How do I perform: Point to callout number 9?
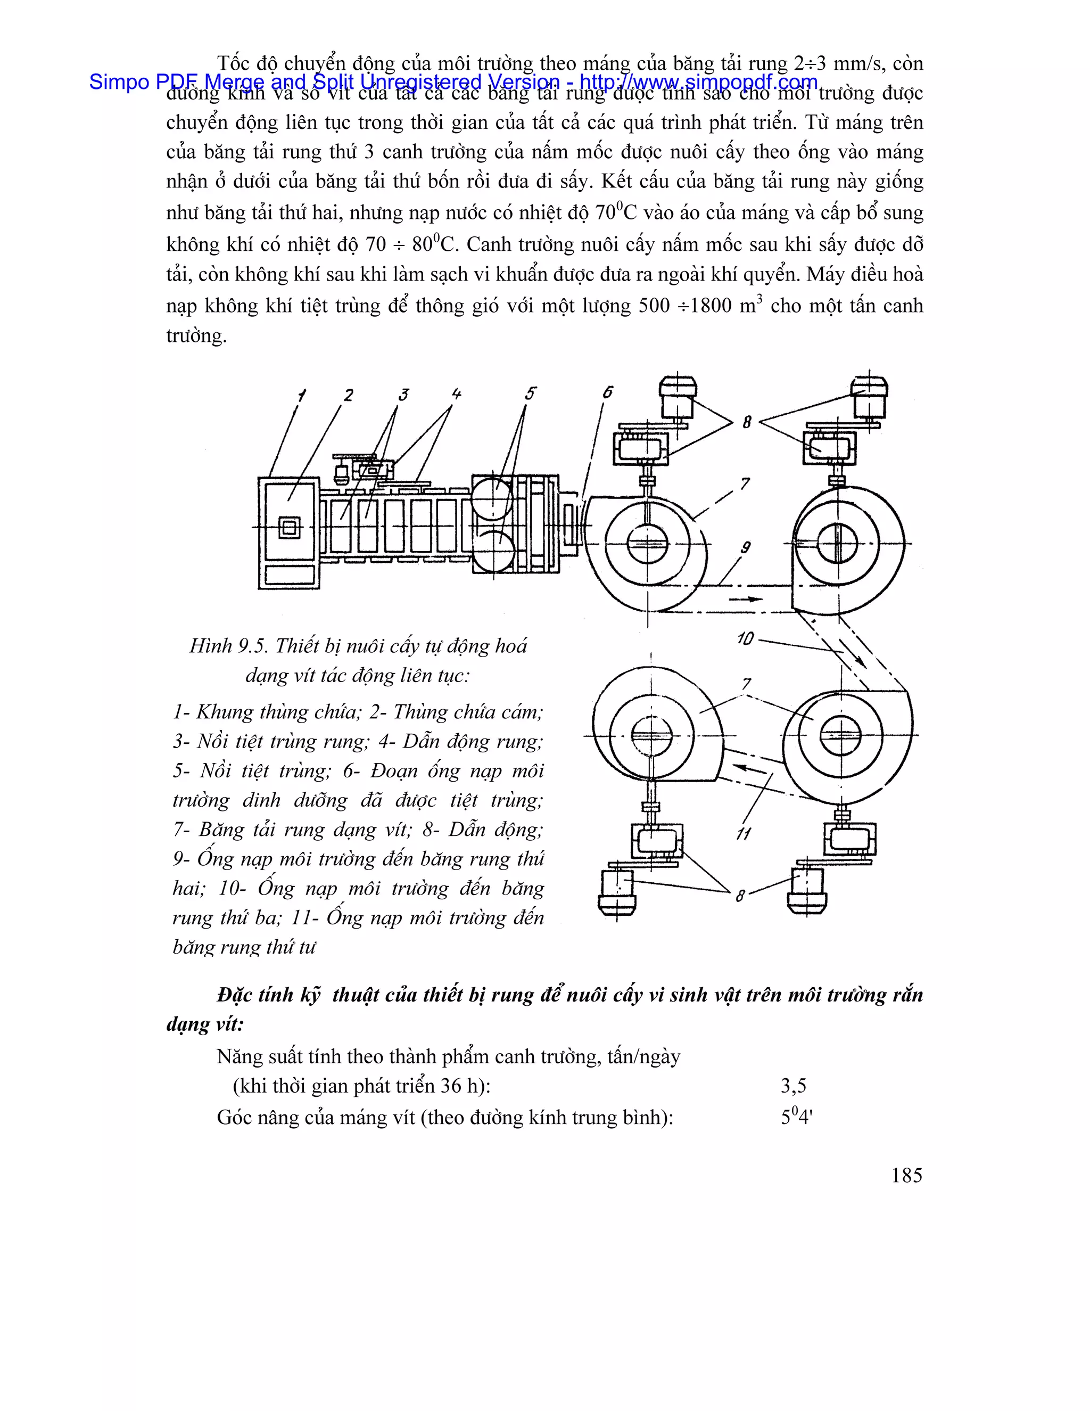745,548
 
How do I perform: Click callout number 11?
743,834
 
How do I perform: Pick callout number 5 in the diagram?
530,393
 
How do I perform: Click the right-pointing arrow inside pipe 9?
745,599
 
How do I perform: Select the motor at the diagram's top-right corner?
869,398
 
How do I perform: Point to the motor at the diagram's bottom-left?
617,892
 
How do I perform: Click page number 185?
906,1175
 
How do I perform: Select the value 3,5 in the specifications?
794,1086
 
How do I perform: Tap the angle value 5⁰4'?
796,1117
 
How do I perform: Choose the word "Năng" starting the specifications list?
237,1057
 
